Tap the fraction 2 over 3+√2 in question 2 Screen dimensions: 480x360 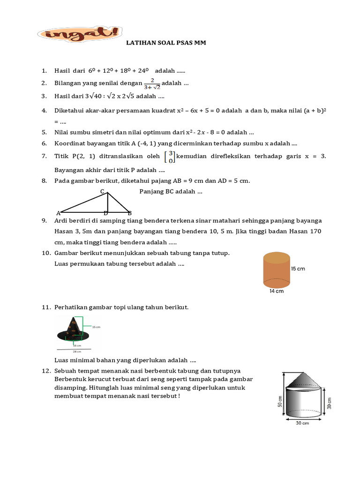[152, 83]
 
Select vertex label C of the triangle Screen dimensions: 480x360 [102, 191]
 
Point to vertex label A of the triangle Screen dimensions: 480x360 [58, 213]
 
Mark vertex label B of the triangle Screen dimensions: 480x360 [130, 213]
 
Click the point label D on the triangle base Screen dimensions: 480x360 [106, 213]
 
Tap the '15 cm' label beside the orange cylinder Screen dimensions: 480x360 [298, 269]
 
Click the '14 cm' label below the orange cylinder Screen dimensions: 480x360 [276, 291]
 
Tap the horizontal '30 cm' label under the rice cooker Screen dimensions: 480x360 [302, 423]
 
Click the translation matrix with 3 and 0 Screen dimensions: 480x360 [171, 157]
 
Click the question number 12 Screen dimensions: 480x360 [46, 371]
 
